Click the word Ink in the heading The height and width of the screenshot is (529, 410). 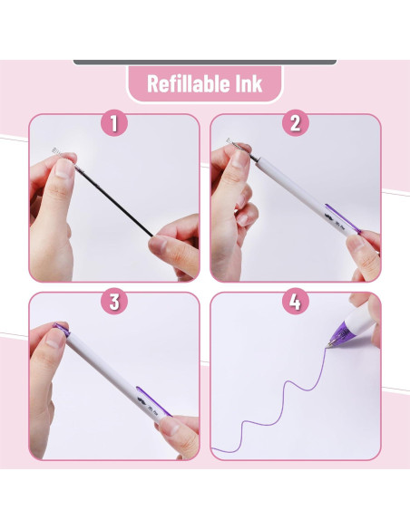[x=249, y=83]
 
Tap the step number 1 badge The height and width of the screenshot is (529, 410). [x=114, y=123]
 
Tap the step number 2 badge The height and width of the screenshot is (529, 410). [x=296, y=123]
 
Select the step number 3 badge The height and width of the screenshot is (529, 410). [x=114, y=301]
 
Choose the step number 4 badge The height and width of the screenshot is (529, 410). [x=296, y=301]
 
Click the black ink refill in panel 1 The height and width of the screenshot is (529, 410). [x=113, y=201]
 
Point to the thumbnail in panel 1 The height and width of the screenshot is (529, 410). [x=63, y=168]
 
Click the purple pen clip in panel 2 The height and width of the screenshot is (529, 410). [x=343, y=218]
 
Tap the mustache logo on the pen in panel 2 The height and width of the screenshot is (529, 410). [x=328, y=216]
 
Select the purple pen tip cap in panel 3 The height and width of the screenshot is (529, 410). [x=62, y=329]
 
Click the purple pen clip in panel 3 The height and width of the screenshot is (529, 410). [x=153, y=401]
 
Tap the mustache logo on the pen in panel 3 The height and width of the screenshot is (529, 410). [x=142, y=400]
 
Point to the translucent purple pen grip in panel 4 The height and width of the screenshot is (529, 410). [x=340, y=332]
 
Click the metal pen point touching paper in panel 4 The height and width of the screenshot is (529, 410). [x=328, y=344]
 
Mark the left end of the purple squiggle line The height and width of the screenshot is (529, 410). [x=211, y=448]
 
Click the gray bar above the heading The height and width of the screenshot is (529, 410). [x=205, y=63]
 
